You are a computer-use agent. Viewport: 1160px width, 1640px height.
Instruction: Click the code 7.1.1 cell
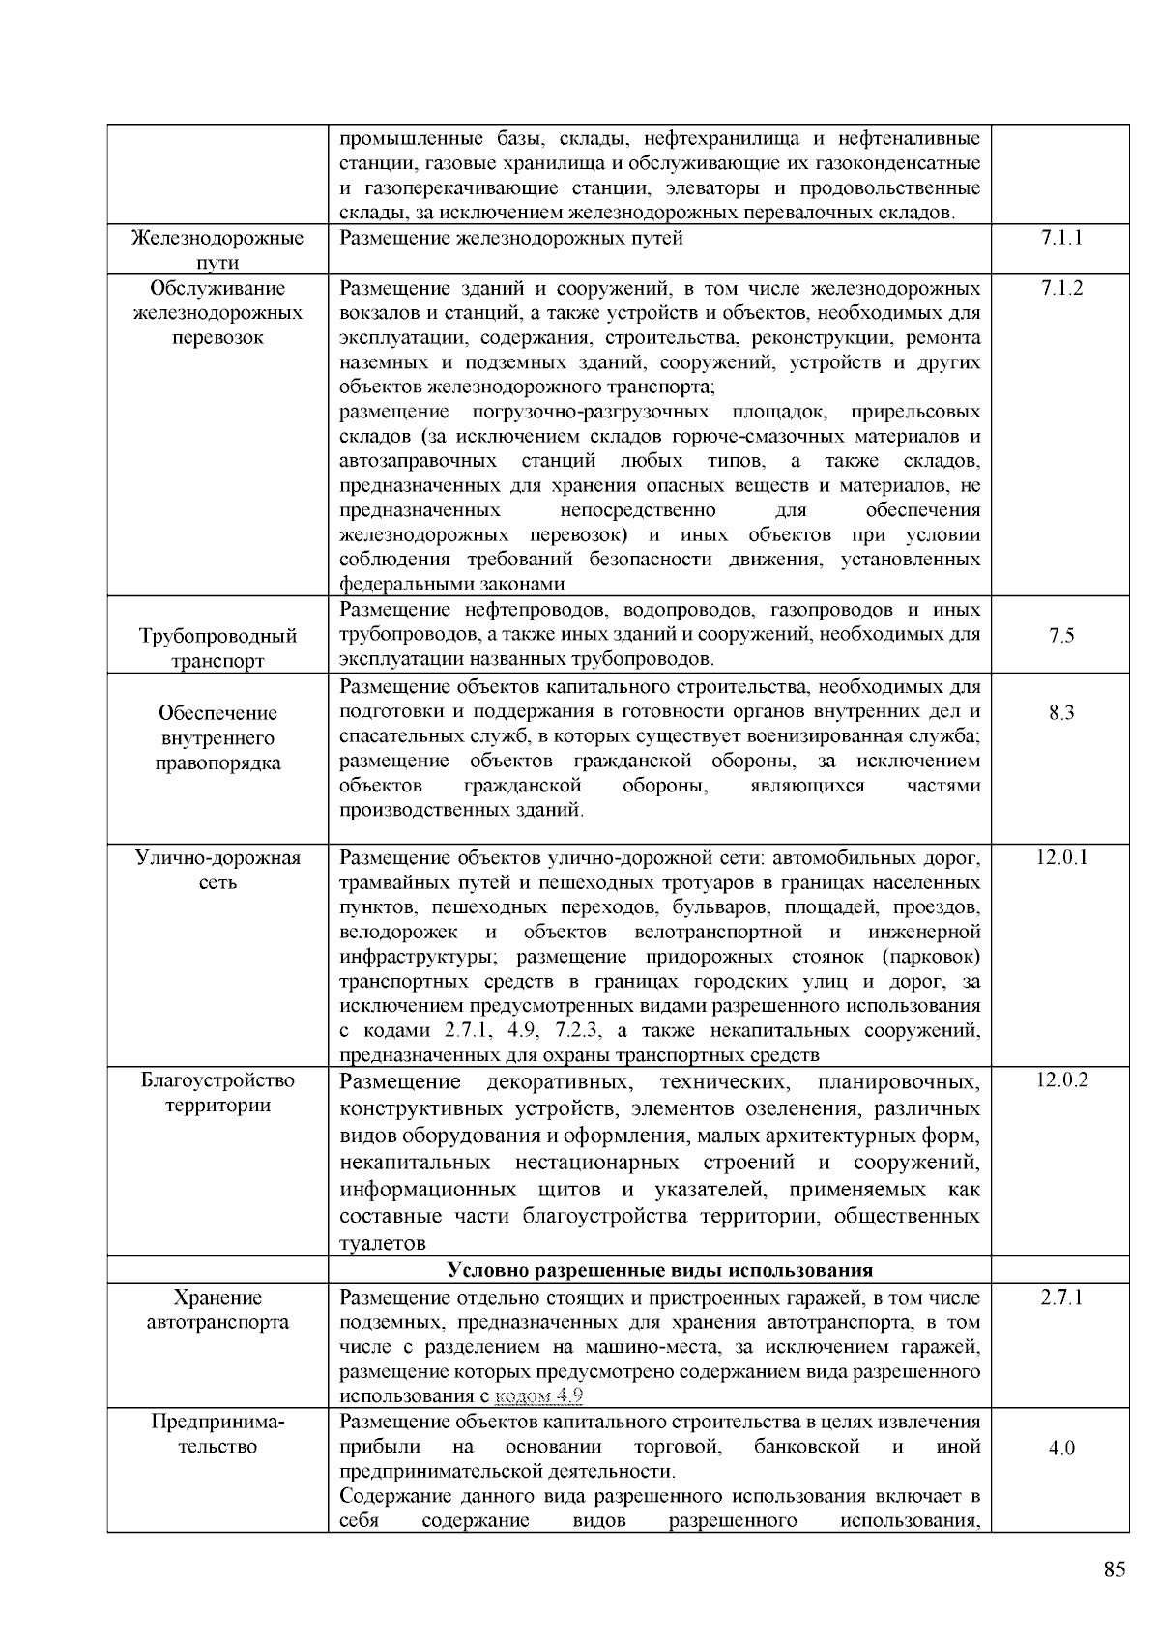(1060, 238)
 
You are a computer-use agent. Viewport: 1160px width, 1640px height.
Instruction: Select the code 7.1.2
(1060, 288)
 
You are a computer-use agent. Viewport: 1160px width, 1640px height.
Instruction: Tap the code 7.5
(1060, 636)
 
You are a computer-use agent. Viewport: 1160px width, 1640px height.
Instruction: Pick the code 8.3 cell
(1060, 713)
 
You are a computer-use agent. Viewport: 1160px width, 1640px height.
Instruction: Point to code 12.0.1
(1060, 857)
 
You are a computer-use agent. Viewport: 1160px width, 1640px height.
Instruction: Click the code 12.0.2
(1060, 1079)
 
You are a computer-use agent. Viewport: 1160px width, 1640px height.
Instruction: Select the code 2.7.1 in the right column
(1060, 1297)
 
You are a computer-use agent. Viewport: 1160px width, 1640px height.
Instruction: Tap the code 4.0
(1060, 1449)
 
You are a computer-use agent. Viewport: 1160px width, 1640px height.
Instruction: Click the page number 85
(1114, 1569)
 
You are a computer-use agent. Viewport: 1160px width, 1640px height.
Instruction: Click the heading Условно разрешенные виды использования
(660, 1270)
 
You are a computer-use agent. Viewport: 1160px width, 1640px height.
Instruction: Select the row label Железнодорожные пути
(217, 249)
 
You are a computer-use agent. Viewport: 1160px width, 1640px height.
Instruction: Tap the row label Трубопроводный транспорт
(217, 647)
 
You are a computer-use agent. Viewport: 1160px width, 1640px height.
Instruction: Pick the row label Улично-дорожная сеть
(217, 870)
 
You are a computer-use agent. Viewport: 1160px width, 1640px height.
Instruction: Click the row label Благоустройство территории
(217, 1092)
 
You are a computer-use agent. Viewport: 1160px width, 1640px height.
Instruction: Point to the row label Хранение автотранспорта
(217, 1309)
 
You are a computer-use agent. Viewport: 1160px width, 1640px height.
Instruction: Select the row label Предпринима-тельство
(217, 1434)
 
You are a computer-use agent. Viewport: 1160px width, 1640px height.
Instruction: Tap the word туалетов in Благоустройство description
(383, 1243)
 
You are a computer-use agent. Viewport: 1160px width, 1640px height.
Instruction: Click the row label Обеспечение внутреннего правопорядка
(217, 738)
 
